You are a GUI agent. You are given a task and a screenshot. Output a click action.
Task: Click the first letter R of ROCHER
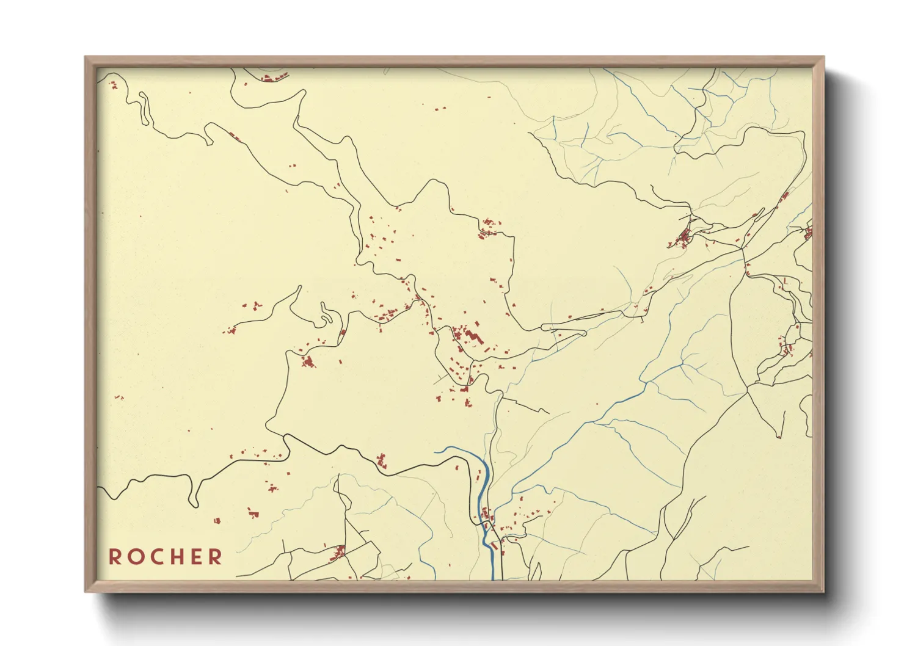pos(114,557)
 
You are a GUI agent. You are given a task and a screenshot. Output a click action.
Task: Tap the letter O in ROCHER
pos(134,557)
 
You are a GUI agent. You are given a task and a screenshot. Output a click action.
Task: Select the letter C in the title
pos(155,557)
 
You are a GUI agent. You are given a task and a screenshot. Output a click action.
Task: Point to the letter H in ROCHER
pos(175,557)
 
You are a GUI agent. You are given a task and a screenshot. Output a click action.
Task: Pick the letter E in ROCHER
pos(195,557)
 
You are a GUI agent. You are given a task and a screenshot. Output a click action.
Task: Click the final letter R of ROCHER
pos(215,557)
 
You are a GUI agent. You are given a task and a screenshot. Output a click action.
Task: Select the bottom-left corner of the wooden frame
pos(86,590)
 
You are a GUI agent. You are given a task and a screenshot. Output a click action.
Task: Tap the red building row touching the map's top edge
pos(273,78)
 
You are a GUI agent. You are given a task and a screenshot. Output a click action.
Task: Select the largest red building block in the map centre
pos(471,336)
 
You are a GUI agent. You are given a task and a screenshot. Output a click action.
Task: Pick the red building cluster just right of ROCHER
pos(338,553)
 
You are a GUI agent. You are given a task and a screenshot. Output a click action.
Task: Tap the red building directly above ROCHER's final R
pos(217,521)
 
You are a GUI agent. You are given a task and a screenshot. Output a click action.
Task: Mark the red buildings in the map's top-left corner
pos(113,85)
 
